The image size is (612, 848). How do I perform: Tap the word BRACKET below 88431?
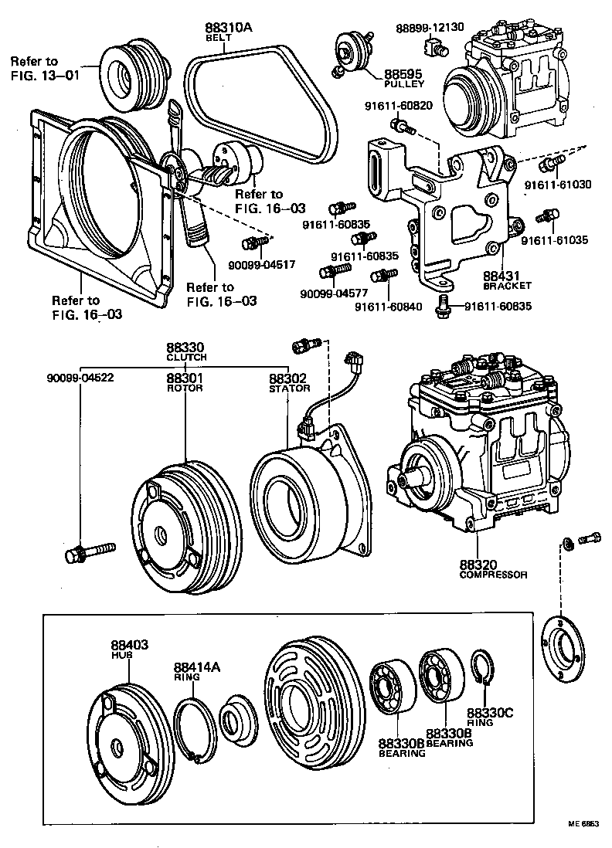pos(508,285)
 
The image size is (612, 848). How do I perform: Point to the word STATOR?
pos(288,388)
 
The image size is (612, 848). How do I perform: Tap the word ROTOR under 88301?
pos(185,388)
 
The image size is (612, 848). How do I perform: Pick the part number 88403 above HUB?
pos(129,645)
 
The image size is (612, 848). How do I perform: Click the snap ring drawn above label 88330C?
pos(484,669)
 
